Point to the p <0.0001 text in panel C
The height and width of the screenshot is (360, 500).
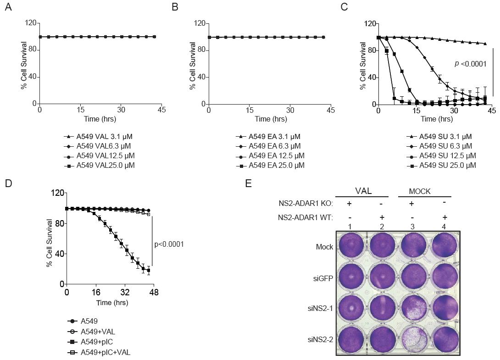(470, 64)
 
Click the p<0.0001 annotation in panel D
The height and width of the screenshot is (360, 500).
(169, 244)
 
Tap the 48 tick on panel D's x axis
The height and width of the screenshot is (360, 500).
(154, 292)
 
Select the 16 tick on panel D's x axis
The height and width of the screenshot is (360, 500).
(96, 292)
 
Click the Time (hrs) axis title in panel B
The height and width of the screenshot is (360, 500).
(271, 119)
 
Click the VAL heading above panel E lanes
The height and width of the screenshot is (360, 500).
(362, 190)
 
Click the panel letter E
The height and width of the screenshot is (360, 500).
(249, 184)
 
